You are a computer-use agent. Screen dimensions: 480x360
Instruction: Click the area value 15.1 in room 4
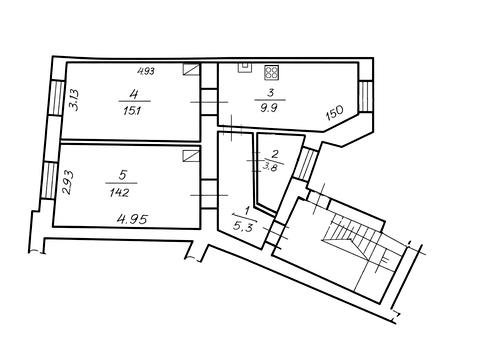pyautogui.click(x=132, y=111)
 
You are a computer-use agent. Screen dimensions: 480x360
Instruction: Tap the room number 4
pyautogui.click(x=134, y=94)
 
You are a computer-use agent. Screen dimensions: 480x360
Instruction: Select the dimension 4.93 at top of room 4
pyautogui.click(x=146, y=71)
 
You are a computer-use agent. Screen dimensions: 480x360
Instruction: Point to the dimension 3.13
pyautogui.click(x=73, y=100)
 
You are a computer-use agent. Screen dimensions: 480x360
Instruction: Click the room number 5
pyautogui.click(x=123, y=175)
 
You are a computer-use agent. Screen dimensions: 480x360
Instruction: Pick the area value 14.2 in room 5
pyautogui.click(x=119, y=193)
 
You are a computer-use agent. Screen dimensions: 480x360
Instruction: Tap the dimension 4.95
pyautogui.click(x=132, y=219)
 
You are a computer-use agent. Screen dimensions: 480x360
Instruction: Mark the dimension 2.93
pyautogui.click(x=68, y=182)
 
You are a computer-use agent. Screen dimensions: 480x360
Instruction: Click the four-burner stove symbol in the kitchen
pyautogui.click(x=272, y=73)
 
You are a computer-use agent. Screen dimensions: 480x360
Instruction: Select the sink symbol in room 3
pyautogui.click(x=245, y=67)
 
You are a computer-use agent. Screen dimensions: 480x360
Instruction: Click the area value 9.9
pyautogui.click(x=269, y=108)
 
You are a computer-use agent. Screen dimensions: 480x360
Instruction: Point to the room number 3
pyautogui.click(x=271, y=93)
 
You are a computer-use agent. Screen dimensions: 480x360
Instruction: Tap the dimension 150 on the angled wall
pyautogui.click(x=334, y=113)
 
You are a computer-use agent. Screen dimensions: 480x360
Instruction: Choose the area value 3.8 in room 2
pyautogui.click(x=270, y=167)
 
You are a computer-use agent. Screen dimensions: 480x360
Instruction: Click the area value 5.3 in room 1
pyautogui.click(x=242, y=227)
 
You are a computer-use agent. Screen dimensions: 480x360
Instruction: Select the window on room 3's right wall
pyautogui.click(x=365, y=97)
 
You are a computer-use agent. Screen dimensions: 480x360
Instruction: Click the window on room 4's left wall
pyautogui.click(x=57, y=98)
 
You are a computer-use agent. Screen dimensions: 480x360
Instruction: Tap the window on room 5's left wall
pyautogui.click(x=49, y=180)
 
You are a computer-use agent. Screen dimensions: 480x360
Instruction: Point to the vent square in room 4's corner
pyautogui.click(x=192, y=69)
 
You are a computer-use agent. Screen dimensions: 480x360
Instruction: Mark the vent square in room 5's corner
pyautogui.click(x=192, y=156)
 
